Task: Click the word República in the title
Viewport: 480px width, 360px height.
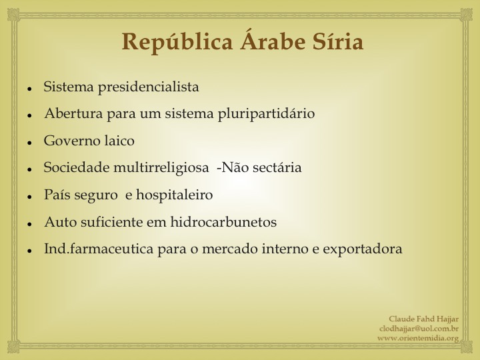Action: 177,42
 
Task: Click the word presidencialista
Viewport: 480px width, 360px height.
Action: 149,87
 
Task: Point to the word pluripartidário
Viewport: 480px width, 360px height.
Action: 266,114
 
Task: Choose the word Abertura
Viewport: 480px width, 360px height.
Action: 73,113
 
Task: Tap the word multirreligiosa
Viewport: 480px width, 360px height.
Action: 161,168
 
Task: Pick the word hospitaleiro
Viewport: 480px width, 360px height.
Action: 175,195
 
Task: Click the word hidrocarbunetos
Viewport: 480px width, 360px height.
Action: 223,221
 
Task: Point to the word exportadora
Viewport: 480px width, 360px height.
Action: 363,249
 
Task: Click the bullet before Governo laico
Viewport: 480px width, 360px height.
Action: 30,143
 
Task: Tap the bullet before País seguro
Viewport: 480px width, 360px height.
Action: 30,197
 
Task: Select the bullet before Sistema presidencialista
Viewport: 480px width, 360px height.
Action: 30,89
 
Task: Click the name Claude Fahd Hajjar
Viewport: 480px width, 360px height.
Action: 424,319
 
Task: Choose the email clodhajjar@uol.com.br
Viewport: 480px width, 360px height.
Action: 419,329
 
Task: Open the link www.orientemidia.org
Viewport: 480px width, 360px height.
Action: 418,338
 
